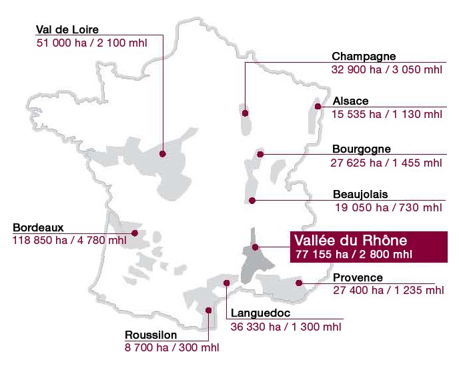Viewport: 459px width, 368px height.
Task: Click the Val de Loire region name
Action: [67, 29]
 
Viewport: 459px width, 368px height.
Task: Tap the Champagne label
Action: [364, 57]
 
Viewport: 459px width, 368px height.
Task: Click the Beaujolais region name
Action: [360, 195]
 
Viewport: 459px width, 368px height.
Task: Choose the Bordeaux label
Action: [37, 227]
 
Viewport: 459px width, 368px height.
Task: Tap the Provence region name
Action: [358, 277]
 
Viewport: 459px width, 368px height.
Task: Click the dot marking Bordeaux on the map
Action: [135, 233]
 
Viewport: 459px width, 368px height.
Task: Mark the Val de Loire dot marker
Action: [162, 153]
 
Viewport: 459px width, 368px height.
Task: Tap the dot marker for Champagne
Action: [246, 113]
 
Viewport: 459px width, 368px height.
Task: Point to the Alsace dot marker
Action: [319, 106]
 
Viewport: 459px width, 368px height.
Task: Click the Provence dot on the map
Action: [300, 283]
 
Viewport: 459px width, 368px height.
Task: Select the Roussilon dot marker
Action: [209, 309]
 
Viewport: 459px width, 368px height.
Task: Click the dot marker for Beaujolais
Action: [252, 200]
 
